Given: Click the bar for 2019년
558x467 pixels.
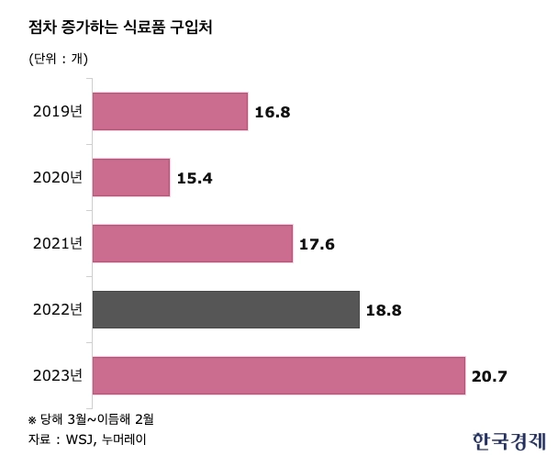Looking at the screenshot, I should pos(170,111).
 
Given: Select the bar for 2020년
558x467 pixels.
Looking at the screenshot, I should pos(131,177).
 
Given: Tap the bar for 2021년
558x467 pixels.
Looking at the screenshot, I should pos(193,243).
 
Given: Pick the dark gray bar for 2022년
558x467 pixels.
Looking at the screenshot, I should pos(226,309).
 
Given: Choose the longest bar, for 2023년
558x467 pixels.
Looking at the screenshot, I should pos(279,375).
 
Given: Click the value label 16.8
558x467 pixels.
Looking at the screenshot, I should pos(273,112).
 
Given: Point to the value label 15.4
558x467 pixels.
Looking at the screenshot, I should pos(195,178).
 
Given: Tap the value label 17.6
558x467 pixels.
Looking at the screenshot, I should pos(318,244).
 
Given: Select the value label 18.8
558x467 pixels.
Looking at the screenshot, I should pos(384,310).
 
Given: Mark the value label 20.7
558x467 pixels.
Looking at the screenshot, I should pos(489,376).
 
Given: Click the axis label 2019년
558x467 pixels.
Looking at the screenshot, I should pos(57,112).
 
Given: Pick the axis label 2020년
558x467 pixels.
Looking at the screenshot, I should pos(57,178).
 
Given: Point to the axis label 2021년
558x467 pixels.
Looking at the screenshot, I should pos(57,244).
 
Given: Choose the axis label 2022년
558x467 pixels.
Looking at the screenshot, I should pos(57,310).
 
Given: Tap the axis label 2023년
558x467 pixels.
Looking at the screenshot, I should pos(57,376).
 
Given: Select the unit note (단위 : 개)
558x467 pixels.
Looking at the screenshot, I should pos(59,60).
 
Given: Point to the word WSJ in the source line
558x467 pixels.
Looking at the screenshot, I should pos(80,439).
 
